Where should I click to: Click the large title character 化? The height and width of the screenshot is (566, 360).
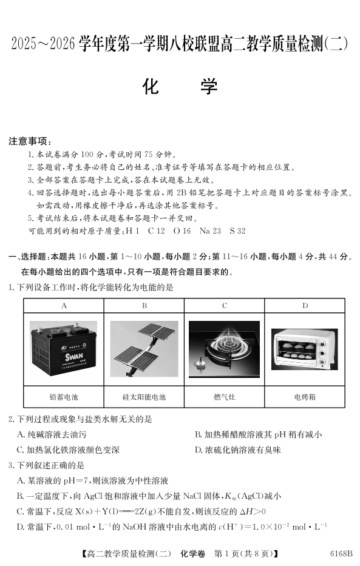pos(151,87)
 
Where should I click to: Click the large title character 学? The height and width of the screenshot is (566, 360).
pos(209,87)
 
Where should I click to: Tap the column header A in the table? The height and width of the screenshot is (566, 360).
pos(64,306)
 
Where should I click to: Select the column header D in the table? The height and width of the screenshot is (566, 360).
pos(305,306)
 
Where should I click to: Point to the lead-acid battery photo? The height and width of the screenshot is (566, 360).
pos(64,348)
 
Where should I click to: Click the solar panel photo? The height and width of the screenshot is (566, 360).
pos(144,349)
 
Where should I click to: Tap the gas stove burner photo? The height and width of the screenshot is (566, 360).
pos(224,349)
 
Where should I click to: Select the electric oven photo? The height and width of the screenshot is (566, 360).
pos(305,349)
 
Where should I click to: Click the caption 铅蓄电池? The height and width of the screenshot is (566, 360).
pos(64,397)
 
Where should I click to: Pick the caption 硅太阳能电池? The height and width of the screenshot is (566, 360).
pos(144,397)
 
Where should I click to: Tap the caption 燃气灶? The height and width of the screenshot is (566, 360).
pos(225,397)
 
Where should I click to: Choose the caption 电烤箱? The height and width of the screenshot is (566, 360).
pos(305,397)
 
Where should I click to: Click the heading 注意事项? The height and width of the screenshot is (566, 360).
pos(30,141)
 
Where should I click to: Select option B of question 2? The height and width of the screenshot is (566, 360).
pos(258,434)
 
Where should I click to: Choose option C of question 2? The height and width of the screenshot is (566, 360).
pos(68,450)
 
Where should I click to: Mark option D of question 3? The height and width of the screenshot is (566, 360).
pos(172,527)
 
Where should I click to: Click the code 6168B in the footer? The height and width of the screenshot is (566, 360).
pos(341,554)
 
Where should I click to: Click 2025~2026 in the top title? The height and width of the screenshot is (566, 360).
pos(43,44)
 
